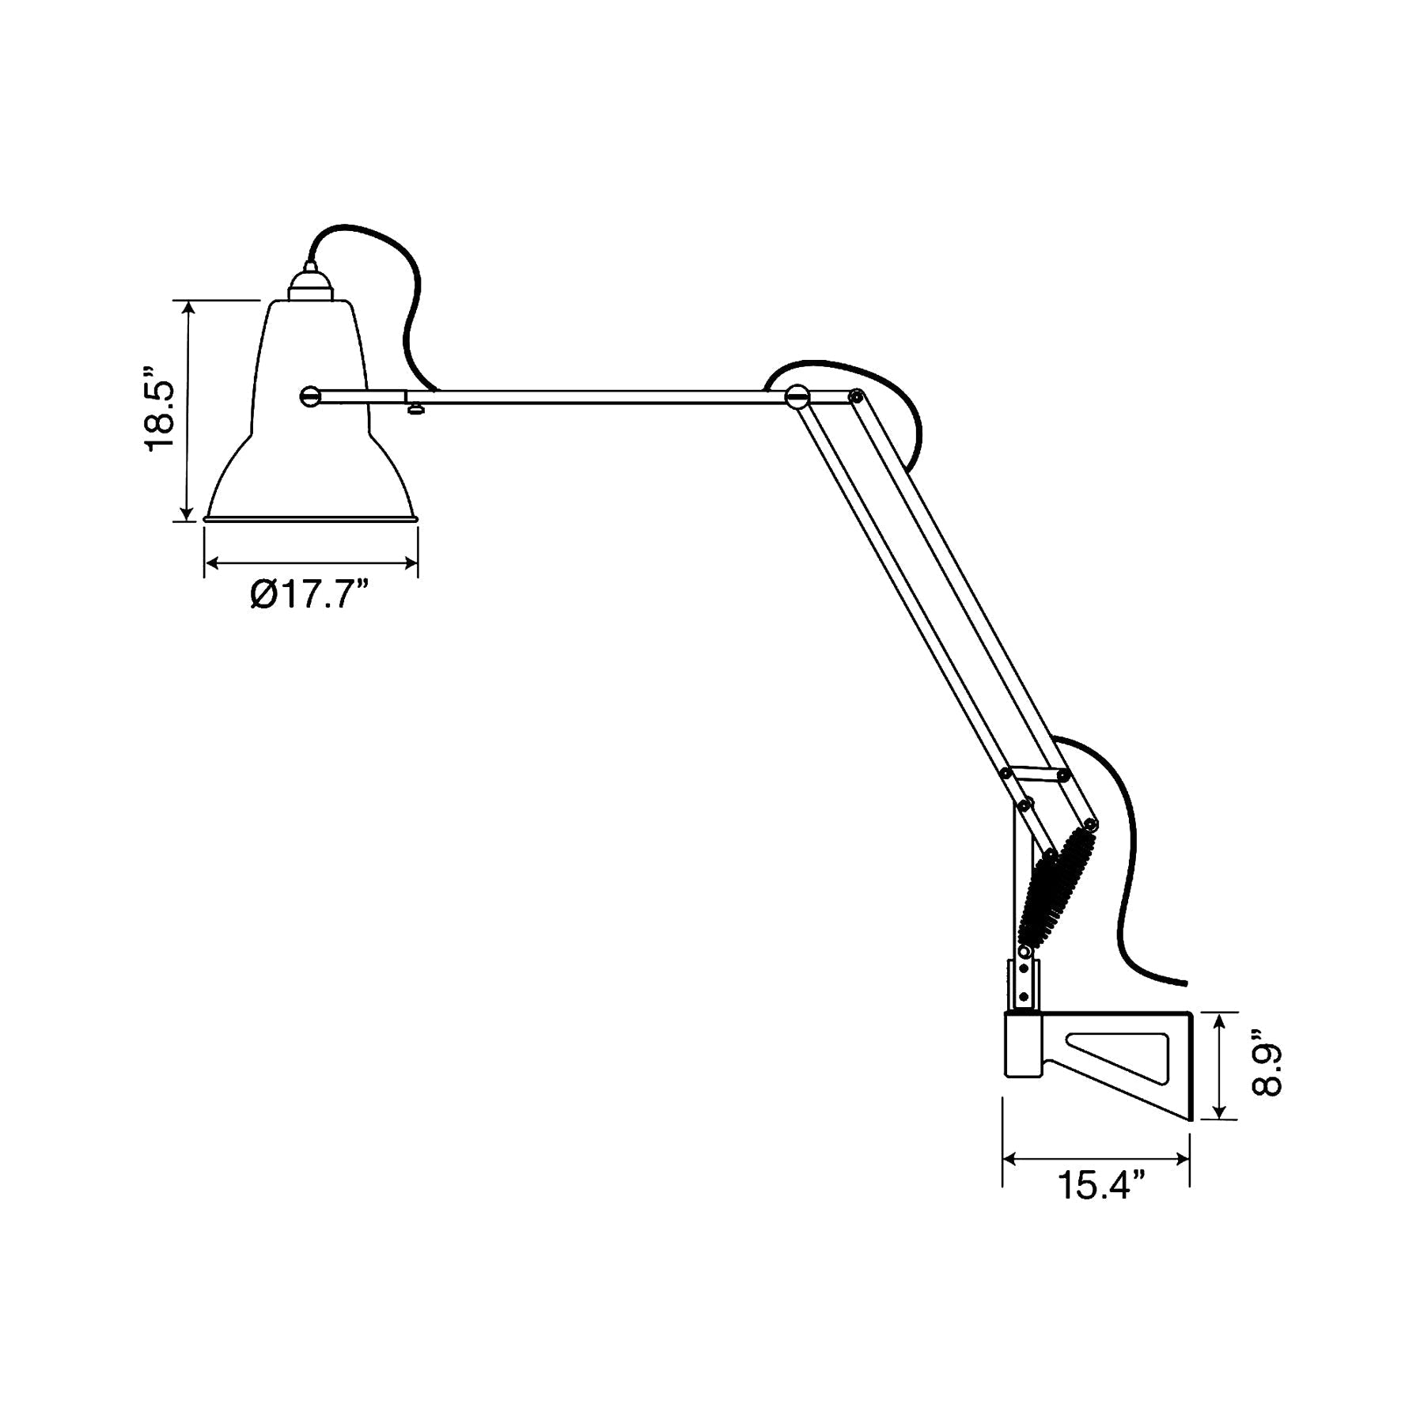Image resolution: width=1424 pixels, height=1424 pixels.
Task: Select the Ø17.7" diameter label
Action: pyautogui.click(x=310, y=595)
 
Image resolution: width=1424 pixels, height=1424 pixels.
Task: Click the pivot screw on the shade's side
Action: pyautogui.click(x=310, y=396)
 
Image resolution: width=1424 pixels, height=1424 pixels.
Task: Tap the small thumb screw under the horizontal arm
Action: pyautogui.click(x=415, y=408)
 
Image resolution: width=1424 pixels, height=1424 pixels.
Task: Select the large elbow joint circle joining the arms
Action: pyautogui.click(x=797, y=396)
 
